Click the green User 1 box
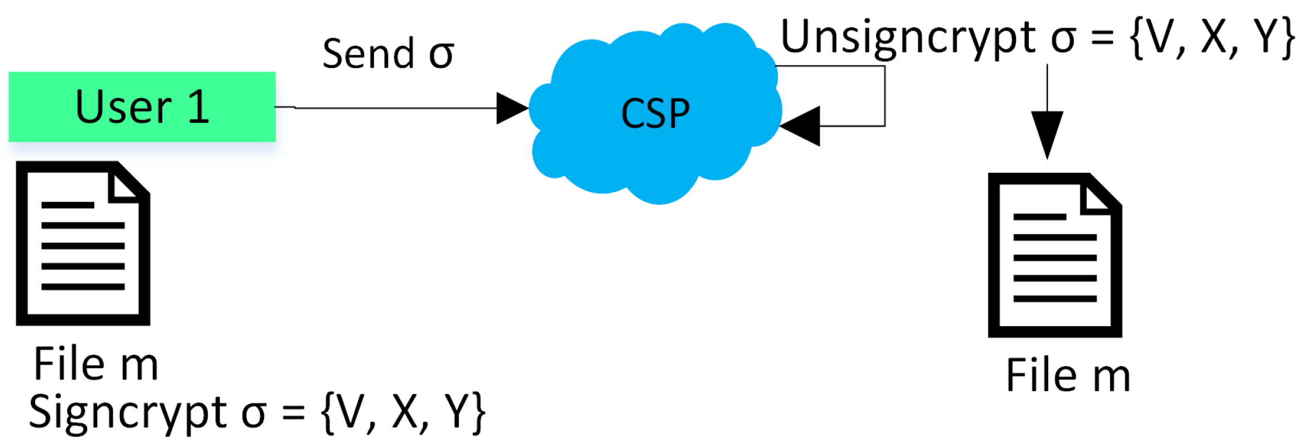point(142,107)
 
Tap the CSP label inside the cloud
point(655,114)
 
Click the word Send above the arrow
point(369,54)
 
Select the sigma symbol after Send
point(441,56)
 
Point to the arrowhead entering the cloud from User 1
point(513,108)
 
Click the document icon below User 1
point(83,243)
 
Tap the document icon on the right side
point(1055,255)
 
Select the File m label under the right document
point(1067,375)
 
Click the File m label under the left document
point(96,364)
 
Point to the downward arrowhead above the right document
point(1047,135)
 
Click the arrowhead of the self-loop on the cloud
point(801,126)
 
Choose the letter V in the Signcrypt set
point(351,413)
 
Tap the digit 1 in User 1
point(199,107)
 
